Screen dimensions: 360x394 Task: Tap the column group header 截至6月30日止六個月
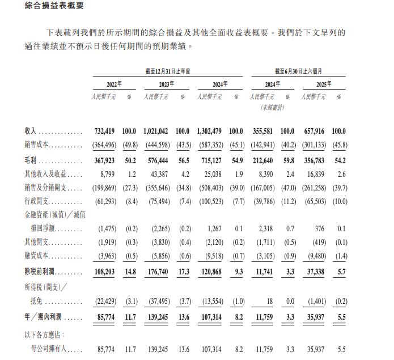pyautogui.click(x=298, y=71)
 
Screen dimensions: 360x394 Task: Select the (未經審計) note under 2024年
pyautogui.click(x=273, y=107)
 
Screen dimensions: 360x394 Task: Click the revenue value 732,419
pyautogui.click(x=103, y=132)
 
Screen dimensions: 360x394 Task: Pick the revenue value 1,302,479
pyautogui.click(x=210, y=132)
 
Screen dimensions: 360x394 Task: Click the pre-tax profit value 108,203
pyautogui.click(x=103, y=272)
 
